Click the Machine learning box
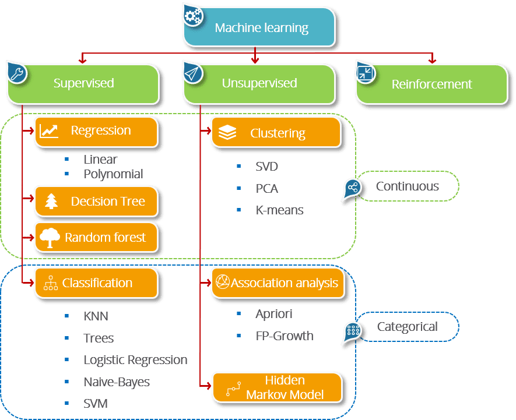261,27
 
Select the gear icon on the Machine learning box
192,17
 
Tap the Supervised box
83,83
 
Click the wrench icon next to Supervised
16,73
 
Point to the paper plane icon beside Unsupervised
192,73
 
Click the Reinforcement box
431,84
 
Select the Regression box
97,131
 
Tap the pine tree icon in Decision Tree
52,202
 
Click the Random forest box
97,237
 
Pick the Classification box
97,283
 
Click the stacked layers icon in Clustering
227,133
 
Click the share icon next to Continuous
352,188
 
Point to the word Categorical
407,327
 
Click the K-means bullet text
279,210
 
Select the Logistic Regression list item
135,360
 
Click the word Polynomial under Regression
113,174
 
